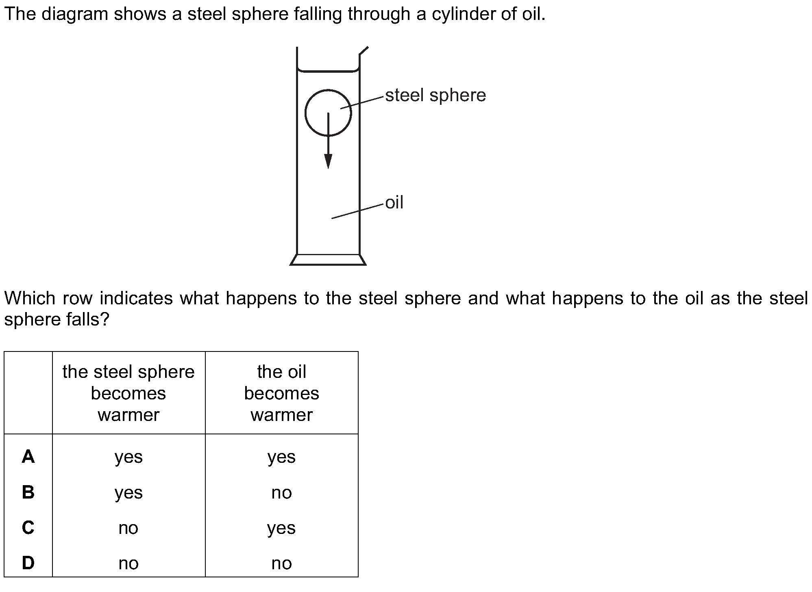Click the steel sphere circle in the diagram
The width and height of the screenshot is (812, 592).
pos(305,113)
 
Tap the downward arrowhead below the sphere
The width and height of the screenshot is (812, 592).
pos(328,161)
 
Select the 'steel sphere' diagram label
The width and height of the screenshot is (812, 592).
pos(435,95)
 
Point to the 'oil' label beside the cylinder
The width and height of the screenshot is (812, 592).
pos(394,202)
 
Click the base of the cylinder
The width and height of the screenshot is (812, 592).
pos(328,260)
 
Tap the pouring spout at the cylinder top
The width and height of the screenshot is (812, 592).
pos(364,51)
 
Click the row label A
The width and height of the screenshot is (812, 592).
pos(28,457)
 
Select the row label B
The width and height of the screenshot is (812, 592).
pos(28,492)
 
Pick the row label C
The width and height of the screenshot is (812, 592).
pos(28,528)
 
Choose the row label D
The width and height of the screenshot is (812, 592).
pos(28,563)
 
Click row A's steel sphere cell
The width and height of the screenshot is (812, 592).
pos(128,458)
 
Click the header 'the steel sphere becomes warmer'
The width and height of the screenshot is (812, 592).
pos(128,393)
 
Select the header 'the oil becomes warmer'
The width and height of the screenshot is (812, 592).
pos(282,393)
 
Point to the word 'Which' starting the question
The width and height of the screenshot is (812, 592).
pos(30,299)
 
